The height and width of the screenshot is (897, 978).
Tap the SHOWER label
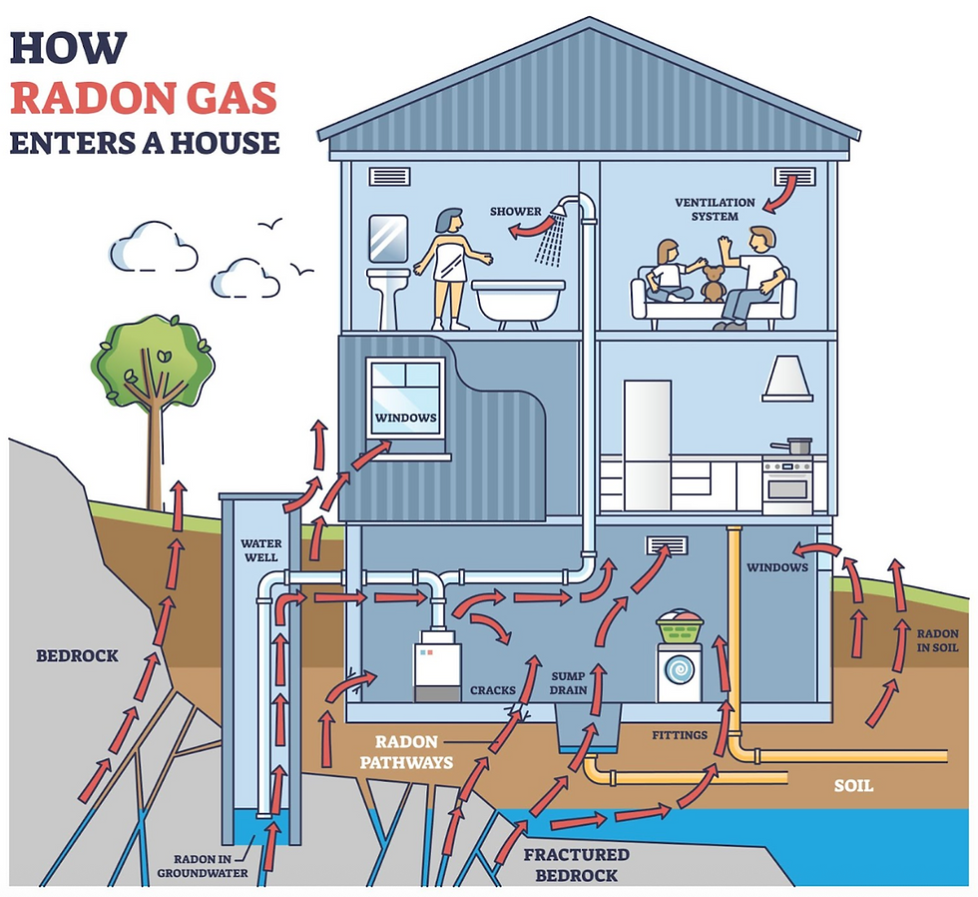[515, 212]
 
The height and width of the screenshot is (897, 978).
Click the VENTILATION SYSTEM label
[707, 210]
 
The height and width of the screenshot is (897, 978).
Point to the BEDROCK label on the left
[77, 656]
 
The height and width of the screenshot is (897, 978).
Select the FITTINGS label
[680, 735]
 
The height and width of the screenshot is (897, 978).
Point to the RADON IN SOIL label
[937, 640]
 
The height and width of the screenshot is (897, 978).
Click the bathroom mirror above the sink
[387, 239]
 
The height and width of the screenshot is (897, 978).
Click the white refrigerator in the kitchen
[647, 446]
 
